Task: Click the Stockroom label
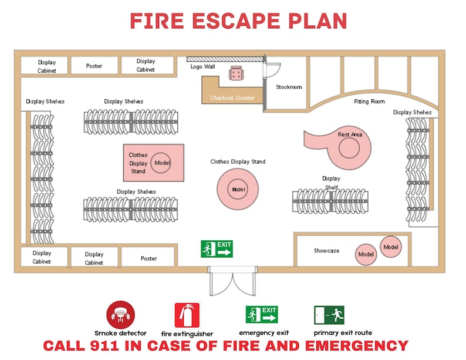click(x=289, y=87)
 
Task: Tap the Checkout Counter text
click(x=232, y=98)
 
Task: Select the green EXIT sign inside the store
click(x=217, y=248)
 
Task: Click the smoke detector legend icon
click(x=120, y=315)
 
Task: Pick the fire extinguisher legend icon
click(x=187, y=315)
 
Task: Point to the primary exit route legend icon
click(x=329, y=315)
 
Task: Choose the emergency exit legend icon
click(x=262, y=315)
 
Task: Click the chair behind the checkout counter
click(x=237, y=73)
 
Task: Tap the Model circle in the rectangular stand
click(x=161, y=163)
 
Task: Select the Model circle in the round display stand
click(x=238, y=190)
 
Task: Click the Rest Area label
click(x=350, y=134)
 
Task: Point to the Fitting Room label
click(x=369, y=102)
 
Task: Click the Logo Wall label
click(x=202, y=66)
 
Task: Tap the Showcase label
click(x=326, y=251)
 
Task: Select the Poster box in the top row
click(x=94, y=66)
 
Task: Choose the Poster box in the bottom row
click(x=148, y=258)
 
